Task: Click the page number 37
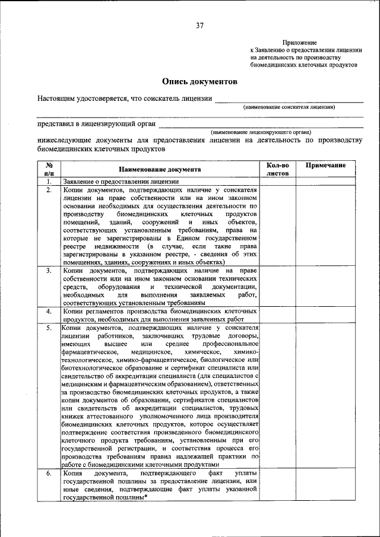click(200, 25)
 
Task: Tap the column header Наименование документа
click(159, 169)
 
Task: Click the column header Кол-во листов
click(277, 169)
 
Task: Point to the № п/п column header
click(49, 169)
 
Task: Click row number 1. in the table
click(49, 182)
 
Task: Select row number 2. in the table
click(49, 190)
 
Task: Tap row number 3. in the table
click(49, 271)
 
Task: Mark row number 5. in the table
click(49, 328)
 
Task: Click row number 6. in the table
click(49, 474)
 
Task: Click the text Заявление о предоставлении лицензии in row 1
click(121, 182)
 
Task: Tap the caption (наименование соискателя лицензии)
click(289, 107)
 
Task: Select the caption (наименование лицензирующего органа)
click(261, 132)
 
